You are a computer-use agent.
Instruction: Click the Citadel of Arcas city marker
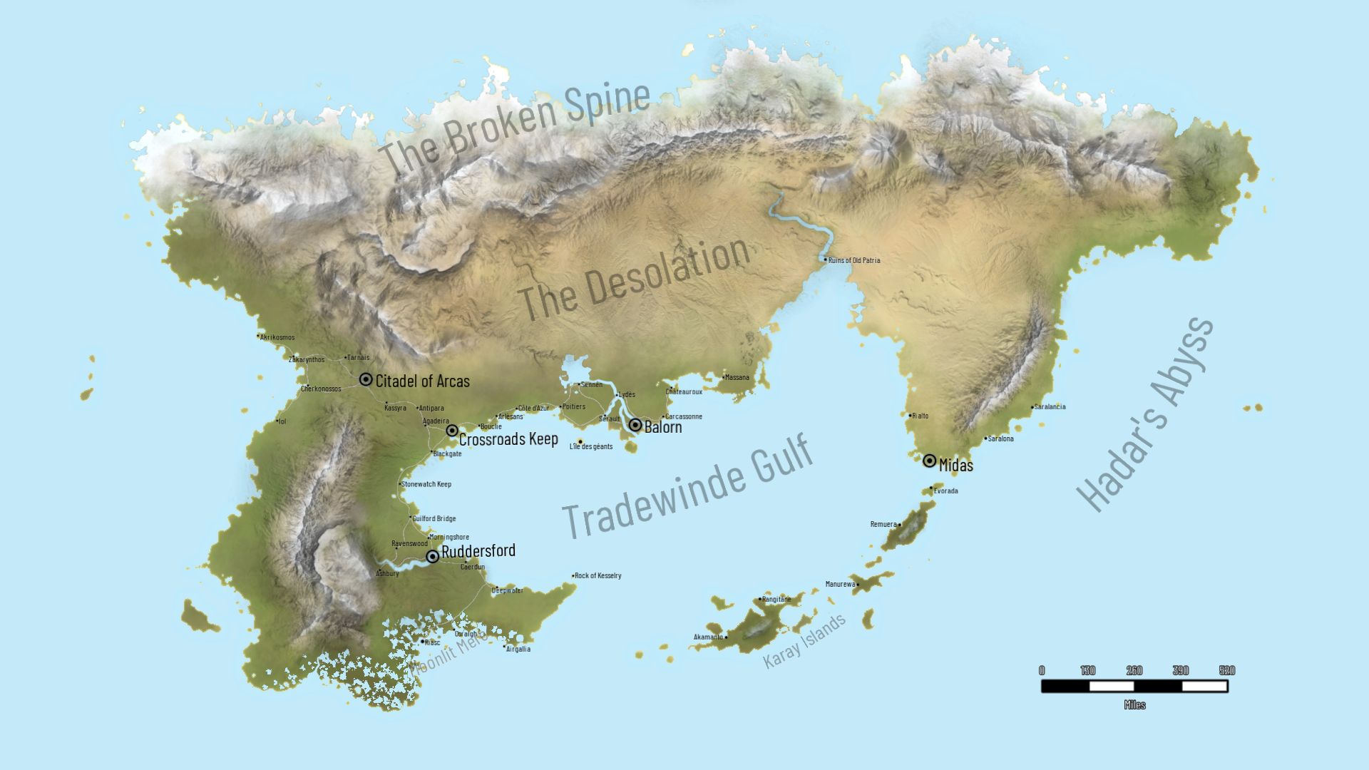pos(366,379)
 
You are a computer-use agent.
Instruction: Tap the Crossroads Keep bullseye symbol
pos(452,431)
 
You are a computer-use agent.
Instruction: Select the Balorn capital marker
pos(635,426)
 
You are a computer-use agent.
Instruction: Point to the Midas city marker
pos(929,461)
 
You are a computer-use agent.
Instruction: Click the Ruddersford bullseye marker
pos(433,556)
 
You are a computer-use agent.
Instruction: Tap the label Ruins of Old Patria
pos(854,260)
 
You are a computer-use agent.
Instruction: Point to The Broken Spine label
pos(513,127)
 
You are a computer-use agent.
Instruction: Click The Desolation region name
pos(633,279)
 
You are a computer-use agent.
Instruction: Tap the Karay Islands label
pos(804,640)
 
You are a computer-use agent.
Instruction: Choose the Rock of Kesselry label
pos(598,575)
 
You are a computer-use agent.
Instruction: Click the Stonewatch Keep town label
pos(426,484)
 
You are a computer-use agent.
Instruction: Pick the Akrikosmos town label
pos(277,337)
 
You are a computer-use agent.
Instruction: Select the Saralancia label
pos(1050,406)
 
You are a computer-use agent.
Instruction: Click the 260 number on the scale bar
pos(1134,670)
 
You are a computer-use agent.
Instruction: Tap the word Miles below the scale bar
pos(1134,704)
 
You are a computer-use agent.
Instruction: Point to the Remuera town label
pos(883,524)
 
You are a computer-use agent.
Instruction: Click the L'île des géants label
pos(591,446)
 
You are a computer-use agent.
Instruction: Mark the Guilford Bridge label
pos(434,518)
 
